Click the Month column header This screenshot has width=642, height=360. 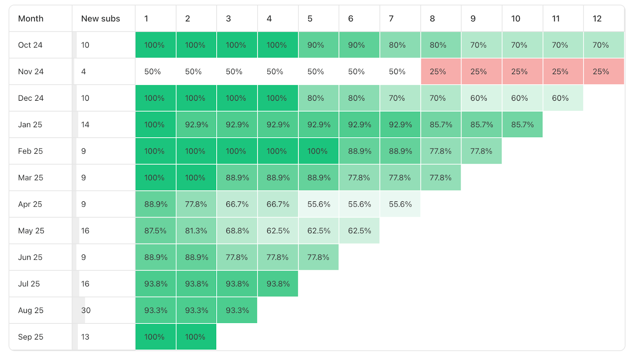31,18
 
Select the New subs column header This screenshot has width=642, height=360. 100,18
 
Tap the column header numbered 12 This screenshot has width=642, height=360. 597,18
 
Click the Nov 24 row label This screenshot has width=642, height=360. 31,71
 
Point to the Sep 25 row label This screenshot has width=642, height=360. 30,337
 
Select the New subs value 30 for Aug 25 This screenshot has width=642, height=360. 86,310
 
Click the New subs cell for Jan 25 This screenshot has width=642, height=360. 85,124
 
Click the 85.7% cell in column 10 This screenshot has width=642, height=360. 522,124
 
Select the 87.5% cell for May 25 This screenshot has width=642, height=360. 155,231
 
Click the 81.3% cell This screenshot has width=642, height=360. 196,231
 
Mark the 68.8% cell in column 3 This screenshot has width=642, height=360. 237,231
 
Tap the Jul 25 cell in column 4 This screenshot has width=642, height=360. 278,284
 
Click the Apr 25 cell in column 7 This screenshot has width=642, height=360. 400,204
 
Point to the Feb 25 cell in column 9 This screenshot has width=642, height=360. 481,151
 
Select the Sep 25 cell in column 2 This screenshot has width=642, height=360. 196,337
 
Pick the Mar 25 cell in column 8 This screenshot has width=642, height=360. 441,177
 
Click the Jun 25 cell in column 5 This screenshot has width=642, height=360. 319,257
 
